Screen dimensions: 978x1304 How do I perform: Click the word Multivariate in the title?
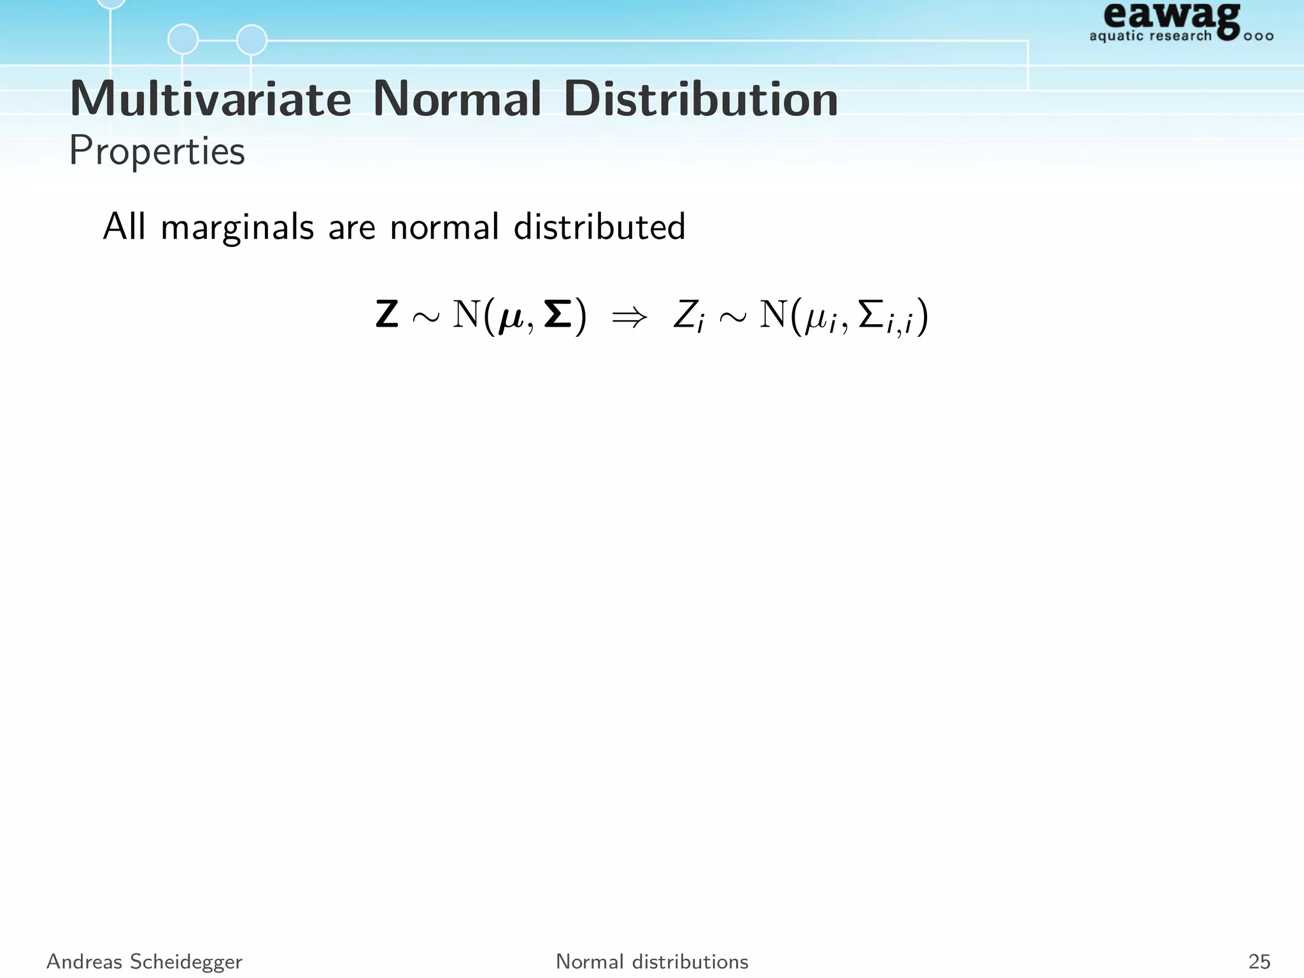pos(210,99)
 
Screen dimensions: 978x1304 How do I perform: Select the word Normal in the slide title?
pos(457,99)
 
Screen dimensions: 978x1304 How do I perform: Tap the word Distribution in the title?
pos(700,99)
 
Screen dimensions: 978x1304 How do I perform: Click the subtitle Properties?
pos(157,152)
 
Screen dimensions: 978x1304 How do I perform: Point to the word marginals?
pos(237,228)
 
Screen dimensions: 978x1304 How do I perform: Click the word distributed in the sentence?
pos(599,227)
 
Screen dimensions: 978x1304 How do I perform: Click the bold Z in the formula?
pos(387,315)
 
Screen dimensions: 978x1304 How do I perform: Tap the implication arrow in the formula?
pos(629,316)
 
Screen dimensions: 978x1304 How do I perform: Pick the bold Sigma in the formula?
pos(558,315)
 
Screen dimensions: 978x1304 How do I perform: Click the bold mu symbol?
pos(511,318)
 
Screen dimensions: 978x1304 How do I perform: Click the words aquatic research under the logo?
pos(1150,36)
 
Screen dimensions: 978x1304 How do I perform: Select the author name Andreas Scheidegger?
pos(145,961)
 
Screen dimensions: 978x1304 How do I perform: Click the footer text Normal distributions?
pos(652,961)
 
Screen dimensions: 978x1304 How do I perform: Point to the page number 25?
pos(1259,961)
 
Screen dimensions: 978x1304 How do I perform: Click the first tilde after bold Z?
pos(425,317)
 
